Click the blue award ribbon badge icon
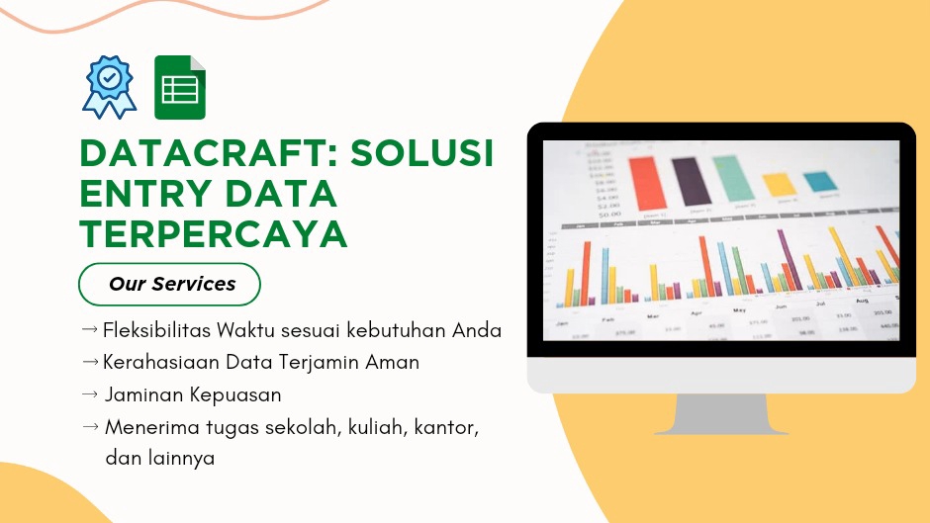110,87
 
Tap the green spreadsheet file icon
180,88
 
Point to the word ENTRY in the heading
145,195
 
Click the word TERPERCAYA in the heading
214,234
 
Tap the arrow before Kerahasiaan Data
89,362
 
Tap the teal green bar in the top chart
734,179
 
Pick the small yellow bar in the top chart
779,184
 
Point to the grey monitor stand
720,413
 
